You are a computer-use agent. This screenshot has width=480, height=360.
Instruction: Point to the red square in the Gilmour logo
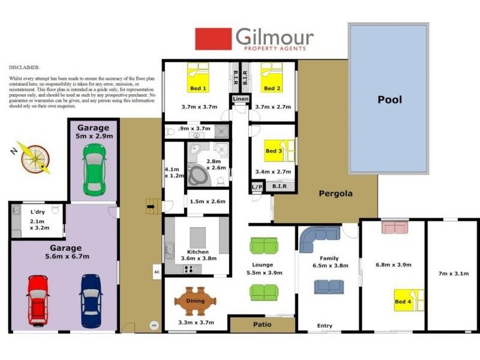[213, 39]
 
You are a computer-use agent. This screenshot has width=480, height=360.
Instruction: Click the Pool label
[389, 100]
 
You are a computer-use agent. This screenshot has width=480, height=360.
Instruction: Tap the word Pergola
[335, 193]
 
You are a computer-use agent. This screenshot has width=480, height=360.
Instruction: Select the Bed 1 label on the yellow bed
[198, 88]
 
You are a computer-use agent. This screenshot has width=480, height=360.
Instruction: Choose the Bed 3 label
[274, 151]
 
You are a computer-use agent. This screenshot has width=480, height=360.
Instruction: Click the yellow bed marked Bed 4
[409, 299]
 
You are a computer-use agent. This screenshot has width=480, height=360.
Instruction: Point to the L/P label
[257, 187]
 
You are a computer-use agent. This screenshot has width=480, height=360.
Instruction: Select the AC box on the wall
[157, 272]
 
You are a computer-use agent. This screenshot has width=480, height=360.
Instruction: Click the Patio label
[262, 325]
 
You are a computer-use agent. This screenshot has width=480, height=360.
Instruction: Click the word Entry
[325, 326]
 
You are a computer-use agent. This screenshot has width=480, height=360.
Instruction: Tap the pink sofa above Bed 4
[394, 227]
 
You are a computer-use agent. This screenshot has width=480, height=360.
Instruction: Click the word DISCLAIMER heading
[24, 68]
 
